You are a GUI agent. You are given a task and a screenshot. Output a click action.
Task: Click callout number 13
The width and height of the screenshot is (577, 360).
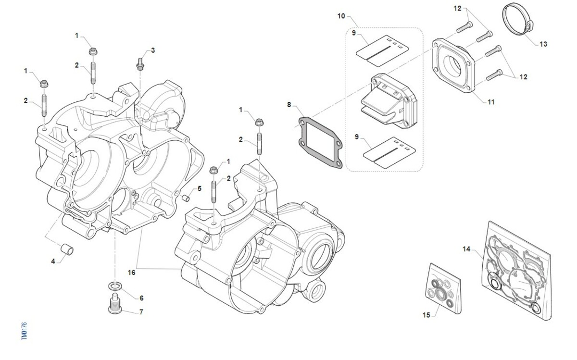pyautogui.click(x=543, y=44)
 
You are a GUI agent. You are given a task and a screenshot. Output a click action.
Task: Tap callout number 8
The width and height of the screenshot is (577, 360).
pyautogui.click(x=289, y=104)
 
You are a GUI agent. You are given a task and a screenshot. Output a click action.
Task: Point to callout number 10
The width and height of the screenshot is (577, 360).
pyautogui.click(x=341, y=16)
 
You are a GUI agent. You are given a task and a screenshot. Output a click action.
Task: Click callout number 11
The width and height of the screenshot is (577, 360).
pyautogui.click(x=491, y=102)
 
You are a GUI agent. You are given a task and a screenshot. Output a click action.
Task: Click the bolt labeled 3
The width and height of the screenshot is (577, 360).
pyautogui.click(x=140, y=62)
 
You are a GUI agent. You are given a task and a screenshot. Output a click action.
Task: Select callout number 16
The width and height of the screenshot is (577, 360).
pyautogui.click(x=132, y=272)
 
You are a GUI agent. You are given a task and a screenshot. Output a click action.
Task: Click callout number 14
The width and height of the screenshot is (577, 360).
pyautogui.click(x=466, y=249)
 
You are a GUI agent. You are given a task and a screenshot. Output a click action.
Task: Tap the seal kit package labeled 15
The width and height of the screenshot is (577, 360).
pyautogui.click(x=444, y=287)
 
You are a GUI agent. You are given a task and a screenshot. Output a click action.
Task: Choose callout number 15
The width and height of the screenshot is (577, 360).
pyautogui.click(x=426, y=315)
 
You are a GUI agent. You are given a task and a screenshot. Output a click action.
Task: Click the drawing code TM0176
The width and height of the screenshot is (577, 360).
pyautogui.click(x=25, y=331)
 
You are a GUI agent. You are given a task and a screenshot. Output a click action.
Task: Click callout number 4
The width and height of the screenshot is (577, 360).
pyautogui.click(x=53, y=261)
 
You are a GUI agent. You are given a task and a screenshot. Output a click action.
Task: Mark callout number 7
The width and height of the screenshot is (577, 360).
pyautogui.click(x=141, y=312)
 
